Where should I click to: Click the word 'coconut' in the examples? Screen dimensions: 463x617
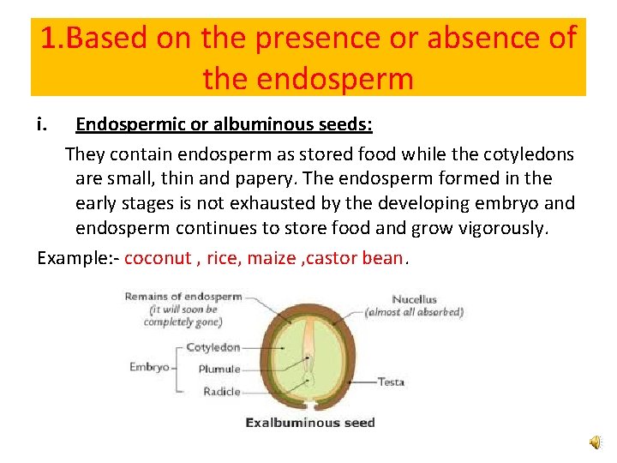[x=158, y=258]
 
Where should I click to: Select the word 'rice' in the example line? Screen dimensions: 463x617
[x=221, y=258]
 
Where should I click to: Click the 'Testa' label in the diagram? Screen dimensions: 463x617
[x=391, y=382]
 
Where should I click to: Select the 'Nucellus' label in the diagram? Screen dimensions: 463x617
[x=414, y=299]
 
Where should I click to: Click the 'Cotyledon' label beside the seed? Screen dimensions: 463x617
[x=213, y=348]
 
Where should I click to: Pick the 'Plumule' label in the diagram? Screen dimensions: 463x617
[x=219, y=370]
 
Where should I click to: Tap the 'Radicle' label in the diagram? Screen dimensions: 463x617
[x=221, y=391]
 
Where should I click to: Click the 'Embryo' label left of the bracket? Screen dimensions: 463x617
[x=149, y=367]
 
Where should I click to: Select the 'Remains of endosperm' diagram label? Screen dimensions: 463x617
[x=183, y=297]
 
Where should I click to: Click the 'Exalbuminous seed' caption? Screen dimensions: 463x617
[x=309, y=422]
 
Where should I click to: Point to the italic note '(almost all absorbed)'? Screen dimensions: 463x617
[x=414, y=312]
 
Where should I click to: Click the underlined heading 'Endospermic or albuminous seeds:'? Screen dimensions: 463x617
[x=224, y=125]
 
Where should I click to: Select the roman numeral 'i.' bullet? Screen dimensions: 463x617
[x=43, y=125]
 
